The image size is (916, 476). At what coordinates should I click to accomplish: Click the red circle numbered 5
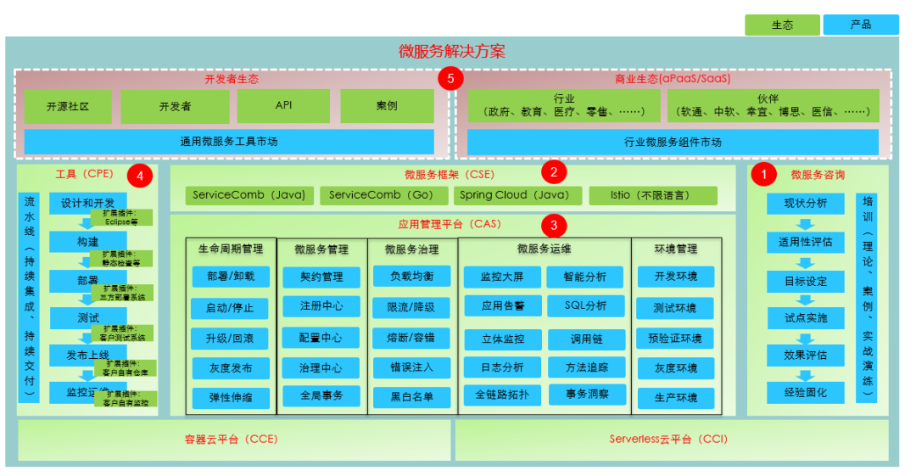click(450, 79)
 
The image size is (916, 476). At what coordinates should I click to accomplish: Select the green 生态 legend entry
click(782, 25)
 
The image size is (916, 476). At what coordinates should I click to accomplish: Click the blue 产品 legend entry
click(861, 25)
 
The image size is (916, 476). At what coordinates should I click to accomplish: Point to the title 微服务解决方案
click(452, 52)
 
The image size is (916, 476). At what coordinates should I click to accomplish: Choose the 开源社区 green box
click(68, 107)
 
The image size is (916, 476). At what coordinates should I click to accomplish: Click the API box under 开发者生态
click(283, 106)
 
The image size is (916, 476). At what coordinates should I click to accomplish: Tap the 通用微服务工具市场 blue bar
click(229, 142)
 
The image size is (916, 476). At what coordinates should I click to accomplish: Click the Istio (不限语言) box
click(652, 195)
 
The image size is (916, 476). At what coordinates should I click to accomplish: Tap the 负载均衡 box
click(412, 277)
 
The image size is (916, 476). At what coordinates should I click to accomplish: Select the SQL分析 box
click(585, 305)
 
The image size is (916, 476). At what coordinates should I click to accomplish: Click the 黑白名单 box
click(412, 396)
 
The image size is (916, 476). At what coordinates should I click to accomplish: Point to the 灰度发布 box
click(230, 368)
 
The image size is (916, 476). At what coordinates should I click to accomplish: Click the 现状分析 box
click(805, 204)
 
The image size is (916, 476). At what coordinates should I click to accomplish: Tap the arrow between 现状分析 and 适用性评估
click(805, 224)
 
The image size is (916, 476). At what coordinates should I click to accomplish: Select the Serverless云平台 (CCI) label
click(667, 439)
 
